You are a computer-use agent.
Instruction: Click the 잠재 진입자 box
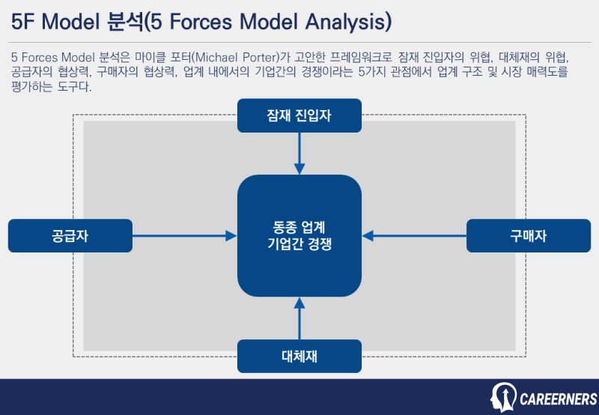click(x=299, y=115)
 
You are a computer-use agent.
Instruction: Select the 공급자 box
click(x=70, y=236)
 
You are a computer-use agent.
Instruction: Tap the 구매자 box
click(x=528, y=236)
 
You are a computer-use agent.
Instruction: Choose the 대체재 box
click(x=299, y=356)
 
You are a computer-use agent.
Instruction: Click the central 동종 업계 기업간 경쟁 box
click(x=299, y=236)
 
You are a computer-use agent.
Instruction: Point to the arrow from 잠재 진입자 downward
click(x=299, y=153)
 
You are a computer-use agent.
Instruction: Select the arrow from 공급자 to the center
click(x=183, y=236)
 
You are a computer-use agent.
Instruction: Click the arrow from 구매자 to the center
click(x=416, y=236)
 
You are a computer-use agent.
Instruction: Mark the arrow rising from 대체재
click(x=299, y=318)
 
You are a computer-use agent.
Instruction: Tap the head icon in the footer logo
click(x=502, y=397)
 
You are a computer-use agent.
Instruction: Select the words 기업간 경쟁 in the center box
click(x=299, y=245)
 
